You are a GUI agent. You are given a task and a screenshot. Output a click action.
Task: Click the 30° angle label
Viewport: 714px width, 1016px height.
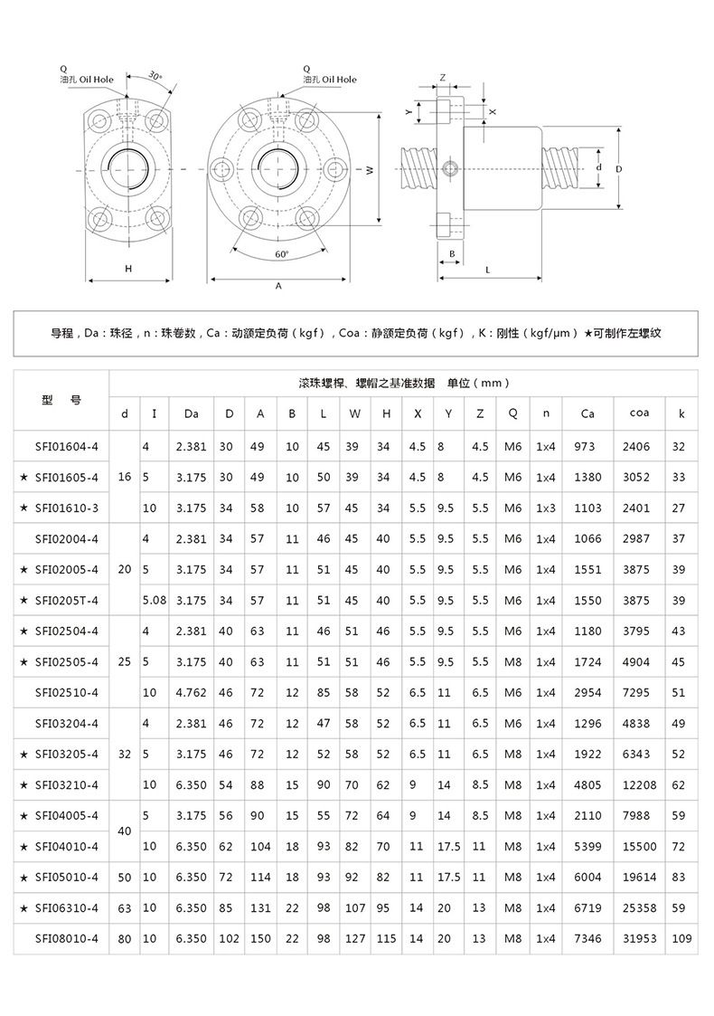(155, 77)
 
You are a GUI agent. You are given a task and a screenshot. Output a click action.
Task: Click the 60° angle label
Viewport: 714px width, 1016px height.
(281, 254)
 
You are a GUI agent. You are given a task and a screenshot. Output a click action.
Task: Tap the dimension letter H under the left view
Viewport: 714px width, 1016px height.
(128, 269)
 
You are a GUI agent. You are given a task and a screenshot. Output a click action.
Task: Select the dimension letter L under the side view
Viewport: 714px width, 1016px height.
(488, 270)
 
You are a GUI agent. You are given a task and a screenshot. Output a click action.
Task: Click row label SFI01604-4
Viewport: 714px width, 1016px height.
(66, 446)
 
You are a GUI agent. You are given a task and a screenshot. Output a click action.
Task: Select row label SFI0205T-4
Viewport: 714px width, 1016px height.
(66, 600)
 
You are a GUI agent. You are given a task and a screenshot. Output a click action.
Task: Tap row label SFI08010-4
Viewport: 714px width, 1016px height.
(66, 938)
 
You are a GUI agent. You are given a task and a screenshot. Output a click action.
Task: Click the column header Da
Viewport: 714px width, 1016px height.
(191, 413)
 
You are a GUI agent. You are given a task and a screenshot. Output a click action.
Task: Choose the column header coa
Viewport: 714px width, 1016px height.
(637, 413)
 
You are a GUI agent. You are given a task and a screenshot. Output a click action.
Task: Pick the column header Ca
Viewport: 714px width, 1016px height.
(587, 413)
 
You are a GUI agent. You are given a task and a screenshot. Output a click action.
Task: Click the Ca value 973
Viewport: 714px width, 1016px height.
(586, 446)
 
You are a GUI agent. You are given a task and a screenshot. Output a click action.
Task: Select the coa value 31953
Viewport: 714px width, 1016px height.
(637, 938)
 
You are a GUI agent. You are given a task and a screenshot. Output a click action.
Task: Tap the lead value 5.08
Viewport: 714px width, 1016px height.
(155, 600)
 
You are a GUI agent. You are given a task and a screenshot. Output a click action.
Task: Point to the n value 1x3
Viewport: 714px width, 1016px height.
(545, 508)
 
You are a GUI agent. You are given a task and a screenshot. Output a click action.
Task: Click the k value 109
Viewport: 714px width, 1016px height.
(681, 938)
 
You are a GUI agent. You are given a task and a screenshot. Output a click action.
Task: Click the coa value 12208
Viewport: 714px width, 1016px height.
(637, 784)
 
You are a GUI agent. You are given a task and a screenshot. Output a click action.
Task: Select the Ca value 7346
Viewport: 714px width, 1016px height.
(587, 938)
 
